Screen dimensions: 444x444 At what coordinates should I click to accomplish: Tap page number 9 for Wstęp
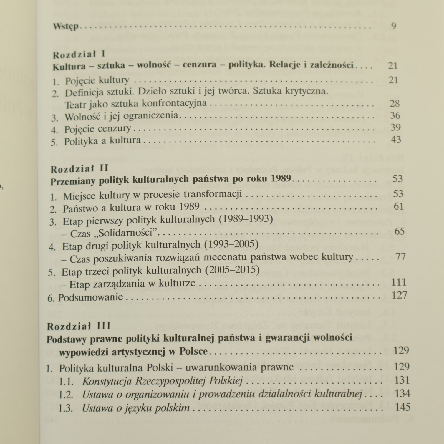pyautogui.click(x=393, y=26)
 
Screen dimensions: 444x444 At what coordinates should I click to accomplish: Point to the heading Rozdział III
pyautogui.click(x=79, y=326)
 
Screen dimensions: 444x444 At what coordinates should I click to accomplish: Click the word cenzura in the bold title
pyautogui.click(x=200, y=65)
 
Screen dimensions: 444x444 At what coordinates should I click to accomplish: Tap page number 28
pyautogui.click(x=395, y=104)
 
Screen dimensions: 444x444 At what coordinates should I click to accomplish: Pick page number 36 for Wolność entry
pyautogui.click(x=395, y=115)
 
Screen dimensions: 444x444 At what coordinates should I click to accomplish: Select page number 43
pyautogui.click(x=395, y=139)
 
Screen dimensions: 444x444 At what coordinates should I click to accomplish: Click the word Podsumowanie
pyautogui.click(x=90, y=297)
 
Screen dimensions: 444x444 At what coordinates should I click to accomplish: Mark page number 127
pyautogui.click(x=399, y=295)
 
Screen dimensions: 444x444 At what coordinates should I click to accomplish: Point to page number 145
pyautogui.click(x=402, y=407)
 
